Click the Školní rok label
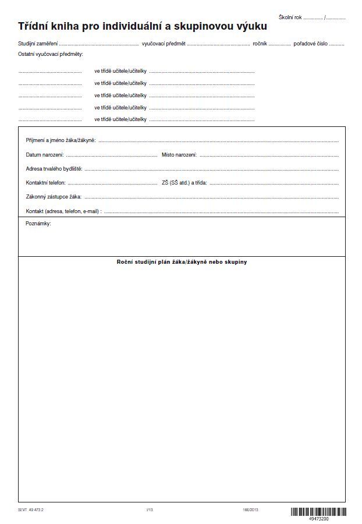tap(290, 17)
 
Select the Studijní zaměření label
tap(38, 44)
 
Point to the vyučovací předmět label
tap(164, 44)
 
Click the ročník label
tap(260, 44)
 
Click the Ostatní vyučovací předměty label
tap(51, 54)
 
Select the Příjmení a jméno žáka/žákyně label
tap(61, 141)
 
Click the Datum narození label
tap(45, 155)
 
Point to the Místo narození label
tap(179, 155)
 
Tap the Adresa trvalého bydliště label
tap(54, 169)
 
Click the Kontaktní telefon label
tap(45, 183)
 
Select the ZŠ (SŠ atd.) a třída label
tap(184, 183)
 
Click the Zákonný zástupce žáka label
tap(54, 197)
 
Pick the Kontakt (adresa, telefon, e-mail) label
tap(63, 211)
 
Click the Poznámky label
tap(38, 224)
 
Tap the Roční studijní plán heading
tap(182, 262)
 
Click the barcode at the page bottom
tap(318, 512)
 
